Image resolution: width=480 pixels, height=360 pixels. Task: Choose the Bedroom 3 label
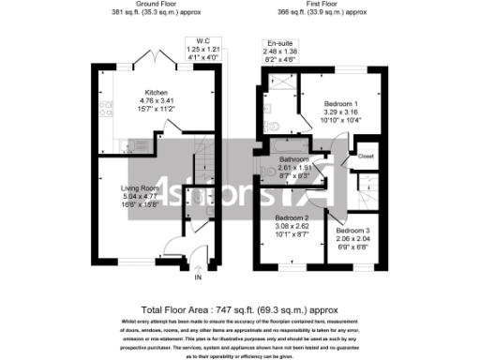pyautogui.click(x=354, y=231)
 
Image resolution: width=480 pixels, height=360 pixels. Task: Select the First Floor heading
pyautogui.click(x=322, y=5)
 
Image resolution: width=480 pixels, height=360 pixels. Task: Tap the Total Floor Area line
pyautogui.click(x=239, y=308)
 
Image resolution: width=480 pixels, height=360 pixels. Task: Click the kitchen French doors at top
pyautogui.click(x=152, y=60)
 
